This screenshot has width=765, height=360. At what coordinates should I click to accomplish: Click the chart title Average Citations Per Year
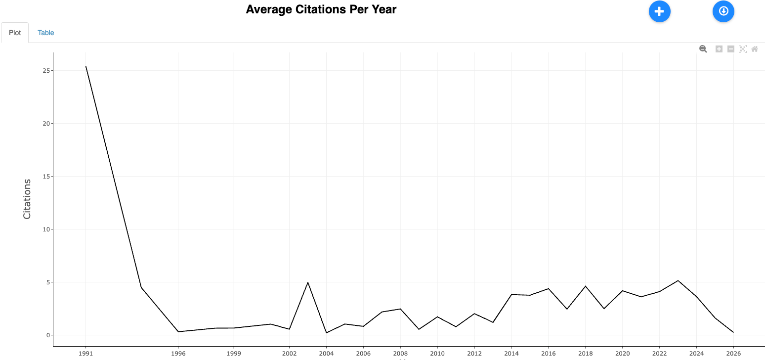click(321, 9)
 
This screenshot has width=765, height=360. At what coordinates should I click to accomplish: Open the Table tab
click(46, 33)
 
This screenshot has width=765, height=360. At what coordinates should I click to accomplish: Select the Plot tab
click(15, 33)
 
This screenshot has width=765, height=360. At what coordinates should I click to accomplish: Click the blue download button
click(723, 11)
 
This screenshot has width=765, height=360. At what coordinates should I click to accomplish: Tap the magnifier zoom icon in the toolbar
click(703, 48)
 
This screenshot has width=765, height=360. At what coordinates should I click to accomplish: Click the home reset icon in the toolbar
click(755, 48)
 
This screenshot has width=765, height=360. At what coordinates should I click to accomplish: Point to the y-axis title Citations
click(27, 199)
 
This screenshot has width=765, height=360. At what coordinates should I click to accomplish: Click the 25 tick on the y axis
click(46, 71)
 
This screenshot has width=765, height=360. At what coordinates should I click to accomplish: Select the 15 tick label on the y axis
click(46, 177)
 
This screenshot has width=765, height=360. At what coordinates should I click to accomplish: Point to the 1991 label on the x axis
click(86, 354)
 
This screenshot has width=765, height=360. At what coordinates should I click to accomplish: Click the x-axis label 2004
click(326, 354)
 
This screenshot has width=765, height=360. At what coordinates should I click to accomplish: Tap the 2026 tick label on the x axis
click(733, 354)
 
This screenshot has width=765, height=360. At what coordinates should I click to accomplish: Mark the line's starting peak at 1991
click(86, 66)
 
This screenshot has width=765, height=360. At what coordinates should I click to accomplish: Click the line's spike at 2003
click(308, 282)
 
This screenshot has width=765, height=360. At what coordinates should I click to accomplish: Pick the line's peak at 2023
click(678, 280)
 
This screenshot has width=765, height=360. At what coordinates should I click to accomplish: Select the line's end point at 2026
click(733, 332)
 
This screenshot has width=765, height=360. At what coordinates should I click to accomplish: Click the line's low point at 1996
click(178, 332)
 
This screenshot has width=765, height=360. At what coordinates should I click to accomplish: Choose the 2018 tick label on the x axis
click(585, 354)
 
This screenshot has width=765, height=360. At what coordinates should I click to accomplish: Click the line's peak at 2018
click(585, 286)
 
